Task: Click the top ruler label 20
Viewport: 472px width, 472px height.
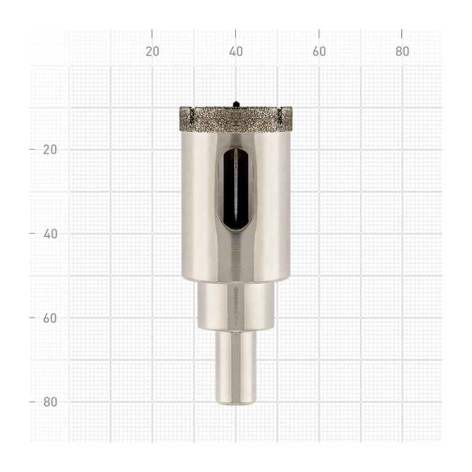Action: tap(152, 52)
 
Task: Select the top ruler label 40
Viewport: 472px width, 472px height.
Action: tap(236, 52)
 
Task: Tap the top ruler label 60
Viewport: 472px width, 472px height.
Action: tap(319, 52)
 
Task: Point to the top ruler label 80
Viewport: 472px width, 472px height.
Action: tap(402, 52)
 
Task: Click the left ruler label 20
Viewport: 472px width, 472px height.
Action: tap(50, 149)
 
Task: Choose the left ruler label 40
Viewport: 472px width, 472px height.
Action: tap(50, 234)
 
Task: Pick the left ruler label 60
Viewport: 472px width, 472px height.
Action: tap(50, 318)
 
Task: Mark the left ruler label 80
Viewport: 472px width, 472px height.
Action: tap(50, 402)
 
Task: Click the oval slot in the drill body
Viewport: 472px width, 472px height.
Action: tap(236, 190)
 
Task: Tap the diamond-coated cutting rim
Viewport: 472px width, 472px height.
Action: tap(236, 120)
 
